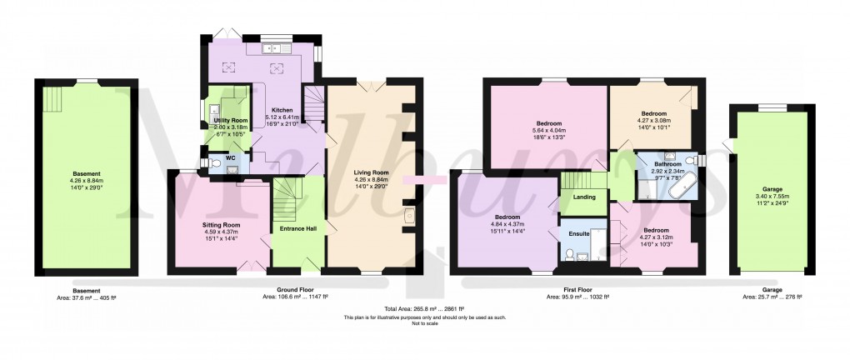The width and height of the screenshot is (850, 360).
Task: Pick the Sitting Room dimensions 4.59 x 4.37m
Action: coord(221,232)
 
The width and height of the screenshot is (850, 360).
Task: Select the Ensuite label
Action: coord(579,233)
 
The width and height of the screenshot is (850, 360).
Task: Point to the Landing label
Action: coord(582,197)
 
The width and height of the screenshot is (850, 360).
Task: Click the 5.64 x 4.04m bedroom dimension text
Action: coord(548,131)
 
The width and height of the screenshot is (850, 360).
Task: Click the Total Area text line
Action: coord(424,309)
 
